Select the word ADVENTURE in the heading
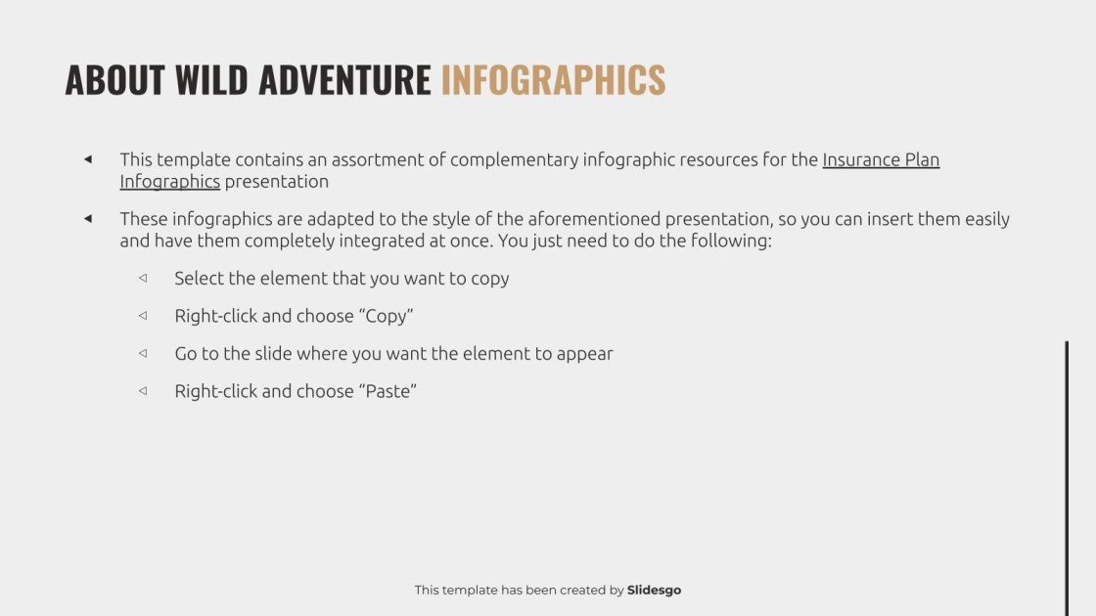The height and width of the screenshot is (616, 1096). pyautogui.click(x=344, y=80)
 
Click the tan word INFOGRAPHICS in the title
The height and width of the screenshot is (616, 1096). pyautogui.click(x=553, y=80)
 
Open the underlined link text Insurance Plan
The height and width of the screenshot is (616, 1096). pyautogui.click(x=881, y=159)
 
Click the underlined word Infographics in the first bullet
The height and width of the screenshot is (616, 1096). pyautogui.click(x=169, y=181)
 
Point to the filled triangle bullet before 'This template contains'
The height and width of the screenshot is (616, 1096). pyautogui.click(x=88, y=159)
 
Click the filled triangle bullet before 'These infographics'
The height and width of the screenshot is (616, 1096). pyautogui.click(x=88, y=218)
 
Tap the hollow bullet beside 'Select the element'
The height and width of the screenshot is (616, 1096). pyautogui.click(x=143, y=278)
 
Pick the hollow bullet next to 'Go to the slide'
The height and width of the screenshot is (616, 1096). pyautogui.click(x=143, y=353)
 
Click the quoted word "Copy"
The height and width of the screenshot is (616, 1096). pyautogui.click(x=389, y=316)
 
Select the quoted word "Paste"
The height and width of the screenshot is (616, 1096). pyautogui.click(x=388, y=391)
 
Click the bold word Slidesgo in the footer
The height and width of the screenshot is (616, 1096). pyautogui.click(x=654, y=590)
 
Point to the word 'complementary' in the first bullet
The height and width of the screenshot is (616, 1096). pyautogui.click(x=514, y=159)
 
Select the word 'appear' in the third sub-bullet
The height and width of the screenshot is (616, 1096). pyautogui.click(x=584, y=354)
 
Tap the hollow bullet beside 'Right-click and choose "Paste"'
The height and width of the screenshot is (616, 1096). pyautogui.click(x=143, y=391)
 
